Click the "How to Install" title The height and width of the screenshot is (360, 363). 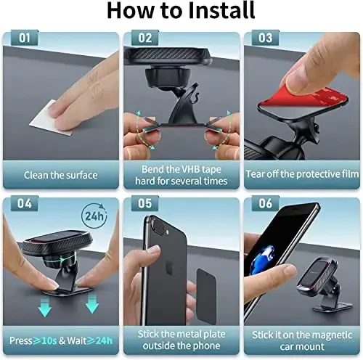coord(181,12)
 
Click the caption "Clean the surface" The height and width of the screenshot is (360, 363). coord(60,175)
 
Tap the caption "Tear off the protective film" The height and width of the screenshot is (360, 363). coord(301,175)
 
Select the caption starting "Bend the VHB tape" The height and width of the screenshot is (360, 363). coord(181,175)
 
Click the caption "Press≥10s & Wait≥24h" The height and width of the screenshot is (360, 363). coord(61,340)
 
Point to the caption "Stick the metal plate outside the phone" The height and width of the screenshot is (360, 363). coord(181,340)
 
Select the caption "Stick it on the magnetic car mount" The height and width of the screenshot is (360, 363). coord(301,340)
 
